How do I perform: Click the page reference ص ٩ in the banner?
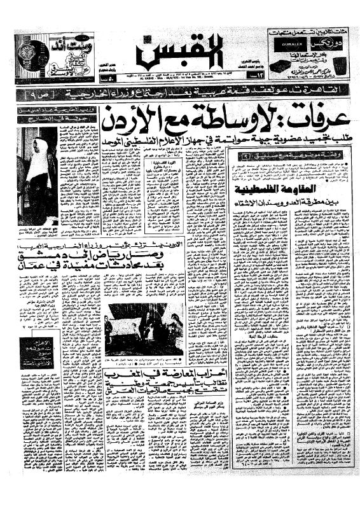(x=30, y=95)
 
